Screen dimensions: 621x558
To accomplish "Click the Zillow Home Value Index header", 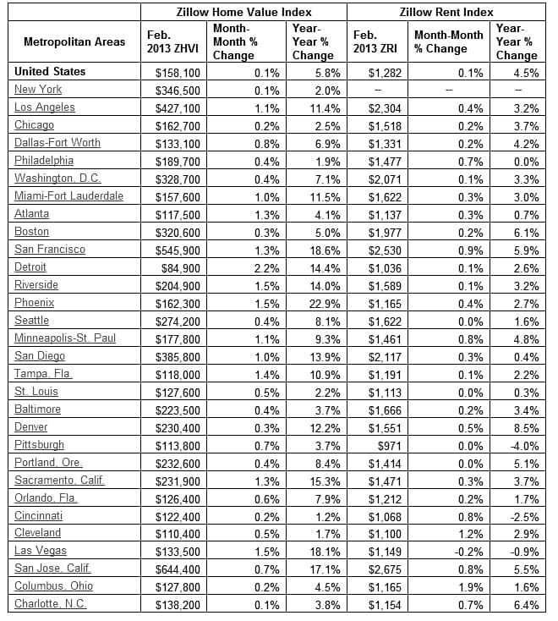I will [243, 12].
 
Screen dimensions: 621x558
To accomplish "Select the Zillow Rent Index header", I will [446, 12].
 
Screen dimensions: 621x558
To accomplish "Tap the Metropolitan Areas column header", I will [74, 41].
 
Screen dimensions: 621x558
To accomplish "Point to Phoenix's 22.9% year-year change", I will [324, 302].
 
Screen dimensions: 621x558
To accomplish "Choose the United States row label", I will [50, 72].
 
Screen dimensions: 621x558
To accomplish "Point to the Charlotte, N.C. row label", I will [52, 604].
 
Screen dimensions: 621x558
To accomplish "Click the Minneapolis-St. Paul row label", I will [65, 338].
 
